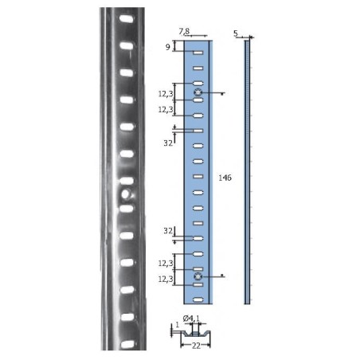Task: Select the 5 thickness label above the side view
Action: point(237,33)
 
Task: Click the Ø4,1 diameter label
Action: point(194,319)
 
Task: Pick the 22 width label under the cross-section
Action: point(194,346)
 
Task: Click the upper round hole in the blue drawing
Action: point(198,94)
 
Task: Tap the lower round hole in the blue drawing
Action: point(198,277)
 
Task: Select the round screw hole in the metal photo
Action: point(125,194)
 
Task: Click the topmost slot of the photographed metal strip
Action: point(126,18)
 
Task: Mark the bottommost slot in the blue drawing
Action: point(198,299)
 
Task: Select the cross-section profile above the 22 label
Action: point(194,331)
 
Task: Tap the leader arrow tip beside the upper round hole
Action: point(223,94)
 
